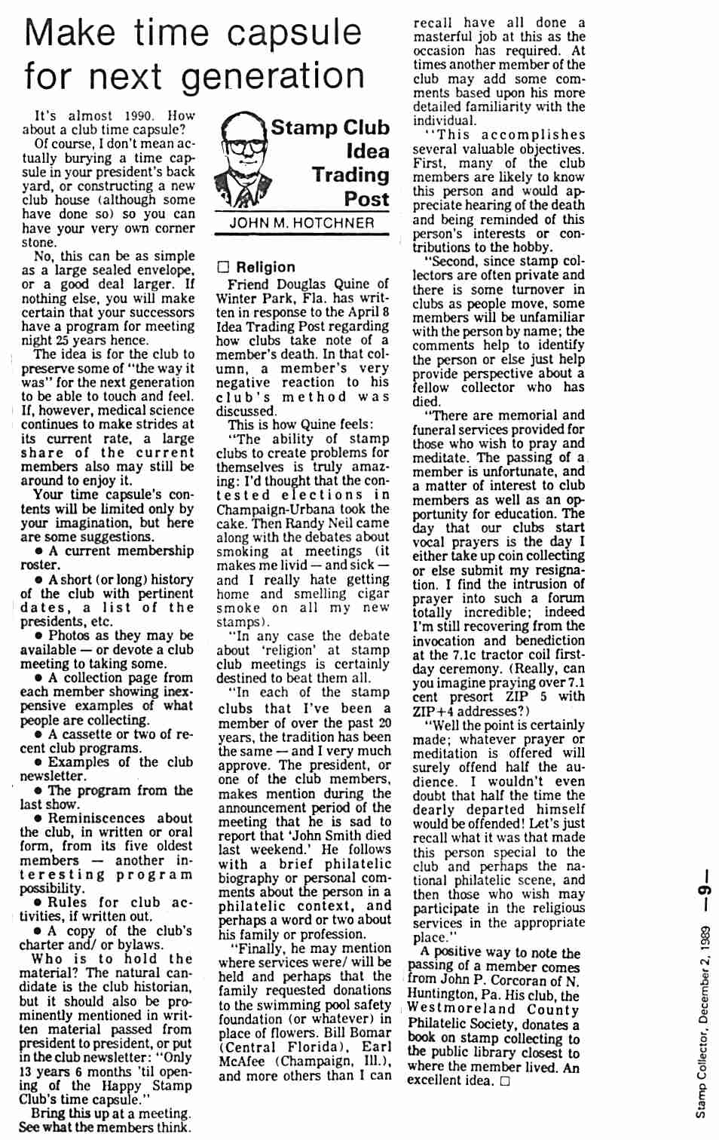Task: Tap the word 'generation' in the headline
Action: coord(273,77)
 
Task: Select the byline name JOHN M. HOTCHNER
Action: coord(301,223)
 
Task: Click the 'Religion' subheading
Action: coord(265,267)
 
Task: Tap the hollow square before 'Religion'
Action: coord(222,267)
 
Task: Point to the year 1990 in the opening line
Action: coord(139,116)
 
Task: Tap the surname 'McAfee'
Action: coord(249,1061)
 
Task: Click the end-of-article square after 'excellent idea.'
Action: coord(504,1081)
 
